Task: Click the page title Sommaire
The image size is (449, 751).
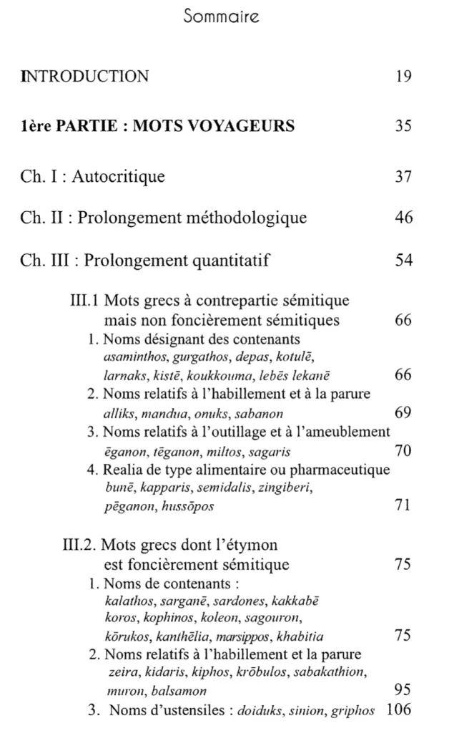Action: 224,14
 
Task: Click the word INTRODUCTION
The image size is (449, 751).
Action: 86,75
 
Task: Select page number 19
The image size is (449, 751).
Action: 403,75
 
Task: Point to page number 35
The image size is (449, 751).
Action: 403,127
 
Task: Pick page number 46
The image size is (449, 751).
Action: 403,218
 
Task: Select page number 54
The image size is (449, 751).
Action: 403,260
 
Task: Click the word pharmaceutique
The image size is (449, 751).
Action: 335,470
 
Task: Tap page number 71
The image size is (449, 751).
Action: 403,506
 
